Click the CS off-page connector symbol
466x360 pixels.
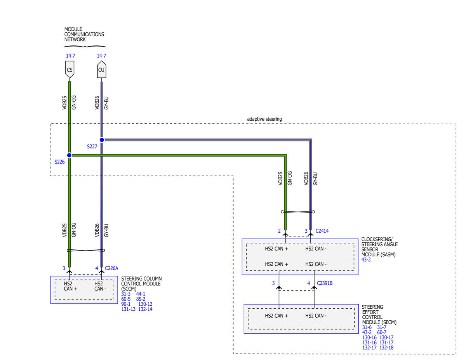coord(70,70)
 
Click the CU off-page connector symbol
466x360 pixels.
coord(101,69)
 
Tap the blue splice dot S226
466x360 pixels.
coord(69,155)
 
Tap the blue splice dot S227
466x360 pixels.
coord(102,140)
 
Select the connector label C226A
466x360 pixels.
coord(111,268)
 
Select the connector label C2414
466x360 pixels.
coord(322,231)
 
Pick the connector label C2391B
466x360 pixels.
coord(325,283)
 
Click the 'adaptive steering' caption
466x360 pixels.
coord(264,119)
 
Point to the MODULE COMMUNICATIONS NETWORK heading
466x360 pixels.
coord(84,34)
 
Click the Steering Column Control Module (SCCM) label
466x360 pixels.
coord(141,283)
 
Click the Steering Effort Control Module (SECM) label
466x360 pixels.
coord(379,315)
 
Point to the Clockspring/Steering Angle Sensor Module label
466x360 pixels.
coord(379,247)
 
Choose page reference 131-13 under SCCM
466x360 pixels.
coord(128,309)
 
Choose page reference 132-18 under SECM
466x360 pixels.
coord(386,348)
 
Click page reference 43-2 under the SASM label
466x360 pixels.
coord(366,259)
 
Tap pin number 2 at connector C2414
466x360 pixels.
coord(279,231)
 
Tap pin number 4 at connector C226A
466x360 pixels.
coord(97,268)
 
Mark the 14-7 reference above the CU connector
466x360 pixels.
coord(101,56)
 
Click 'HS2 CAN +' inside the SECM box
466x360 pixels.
coord(276,316)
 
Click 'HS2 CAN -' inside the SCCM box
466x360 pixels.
coord(100,286)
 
